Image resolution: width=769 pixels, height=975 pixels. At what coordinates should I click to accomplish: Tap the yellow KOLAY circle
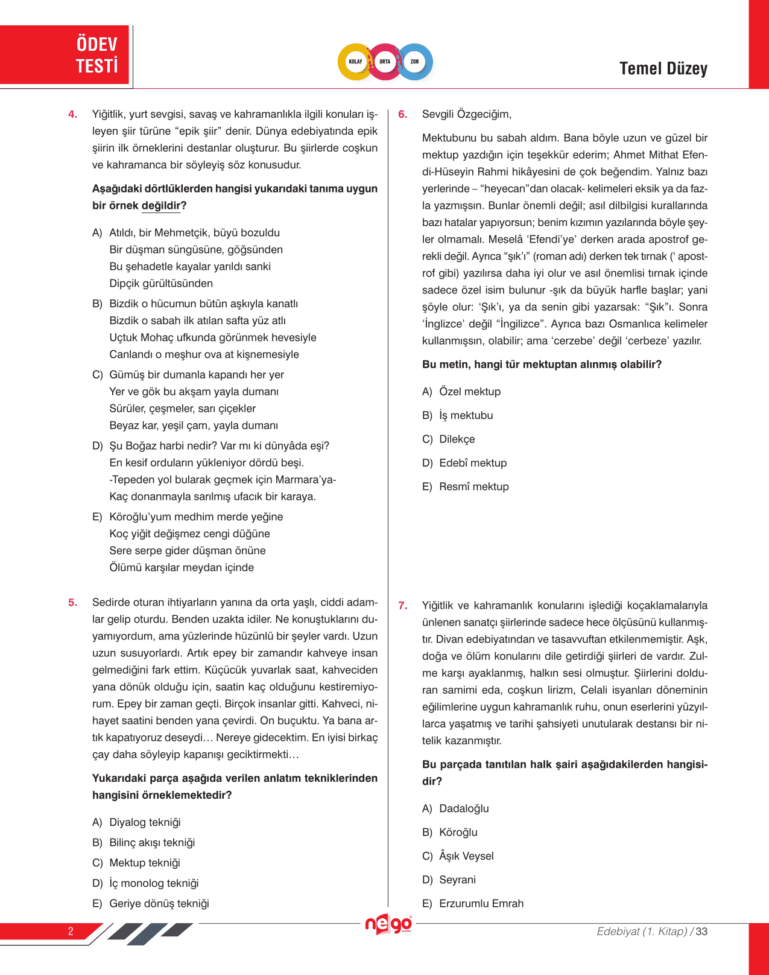(x=355, y=62)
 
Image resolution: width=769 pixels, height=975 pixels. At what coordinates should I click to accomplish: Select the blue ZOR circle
(x=415, y=62)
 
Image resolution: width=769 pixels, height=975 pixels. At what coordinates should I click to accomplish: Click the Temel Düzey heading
(x=663, y=69)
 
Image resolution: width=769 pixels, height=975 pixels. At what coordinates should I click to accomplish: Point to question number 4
(x=73, y=114)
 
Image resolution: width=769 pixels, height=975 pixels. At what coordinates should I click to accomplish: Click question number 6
(x=403, y=114)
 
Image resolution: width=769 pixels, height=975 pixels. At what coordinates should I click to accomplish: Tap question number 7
(x=403, y=606)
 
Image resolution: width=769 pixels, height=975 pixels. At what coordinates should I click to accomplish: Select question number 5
(x=73, y=602)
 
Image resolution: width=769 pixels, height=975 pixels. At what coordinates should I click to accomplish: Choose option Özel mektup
(x=469, y=392)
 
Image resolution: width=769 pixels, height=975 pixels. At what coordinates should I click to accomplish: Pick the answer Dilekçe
(x=457, y=439)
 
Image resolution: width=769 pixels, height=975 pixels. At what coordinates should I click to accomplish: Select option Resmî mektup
(x=473, y=487)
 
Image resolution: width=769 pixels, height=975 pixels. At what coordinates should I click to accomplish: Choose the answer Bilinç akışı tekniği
(x=151, y=843)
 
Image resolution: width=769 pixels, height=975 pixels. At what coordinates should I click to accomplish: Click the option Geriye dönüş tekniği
(x=159, y=904)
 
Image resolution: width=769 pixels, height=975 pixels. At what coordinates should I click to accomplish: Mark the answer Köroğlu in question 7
(x=458, y=833)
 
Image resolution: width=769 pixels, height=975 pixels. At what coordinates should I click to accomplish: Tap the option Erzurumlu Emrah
(x=481, y=904)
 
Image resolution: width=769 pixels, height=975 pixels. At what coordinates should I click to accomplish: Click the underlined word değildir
(x=161, y=206)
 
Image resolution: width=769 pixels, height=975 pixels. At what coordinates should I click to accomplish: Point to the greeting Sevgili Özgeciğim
(x=466, y=114)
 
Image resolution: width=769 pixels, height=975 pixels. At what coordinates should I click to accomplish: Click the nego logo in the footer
(x=388, y=924)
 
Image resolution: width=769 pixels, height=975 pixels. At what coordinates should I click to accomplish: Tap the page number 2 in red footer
(x=71, y=931)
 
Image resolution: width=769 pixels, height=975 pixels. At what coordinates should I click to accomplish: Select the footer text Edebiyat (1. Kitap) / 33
(x=651, y=932)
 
